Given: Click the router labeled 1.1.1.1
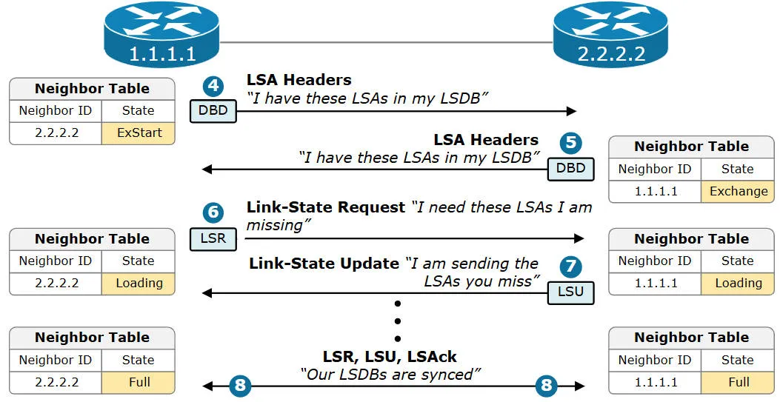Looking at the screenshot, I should (162, 34).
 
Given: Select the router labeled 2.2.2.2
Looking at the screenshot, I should (611, 34).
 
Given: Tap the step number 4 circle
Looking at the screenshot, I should (213, 85).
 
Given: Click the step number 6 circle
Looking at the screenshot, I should (213, 212).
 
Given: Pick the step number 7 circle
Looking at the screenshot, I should (571, 266).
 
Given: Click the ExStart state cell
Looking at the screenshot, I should (139, 133).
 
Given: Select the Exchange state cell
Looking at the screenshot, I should (738, 191).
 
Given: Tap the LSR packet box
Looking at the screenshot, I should (213, 239).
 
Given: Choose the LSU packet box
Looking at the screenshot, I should (571, 292).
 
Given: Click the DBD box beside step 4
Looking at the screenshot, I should (213, 112).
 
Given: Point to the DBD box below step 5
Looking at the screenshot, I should (571, 168).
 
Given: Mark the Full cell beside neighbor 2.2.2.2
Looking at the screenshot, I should (139, 382).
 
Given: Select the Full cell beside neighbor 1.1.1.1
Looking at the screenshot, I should (738, 382).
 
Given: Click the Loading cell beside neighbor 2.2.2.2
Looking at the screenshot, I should (139, 283).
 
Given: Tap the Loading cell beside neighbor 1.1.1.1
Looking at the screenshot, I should (738, 283).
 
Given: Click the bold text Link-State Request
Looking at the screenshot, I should (326, 207).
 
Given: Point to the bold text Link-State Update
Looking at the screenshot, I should (324, 264).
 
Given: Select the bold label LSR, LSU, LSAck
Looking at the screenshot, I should (390, 356).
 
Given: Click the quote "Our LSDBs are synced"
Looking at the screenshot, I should (390, 375).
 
